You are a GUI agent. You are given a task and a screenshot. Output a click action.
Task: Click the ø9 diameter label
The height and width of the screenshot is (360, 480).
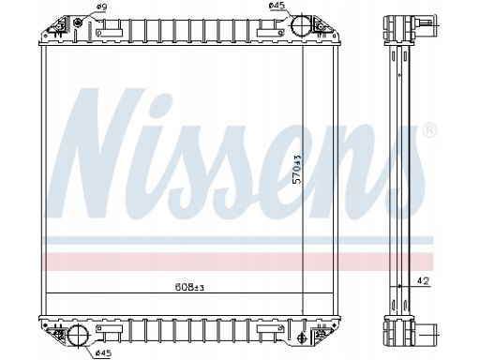coord(100,7)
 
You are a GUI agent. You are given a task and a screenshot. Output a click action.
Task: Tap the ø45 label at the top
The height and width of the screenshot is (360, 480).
coord(277,6)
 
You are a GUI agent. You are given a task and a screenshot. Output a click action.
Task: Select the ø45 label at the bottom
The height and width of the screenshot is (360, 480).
coord(103,353)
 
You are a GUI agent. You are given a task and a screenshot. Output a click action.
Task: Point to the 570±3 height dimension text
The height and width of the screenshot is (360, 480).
coord(297,169)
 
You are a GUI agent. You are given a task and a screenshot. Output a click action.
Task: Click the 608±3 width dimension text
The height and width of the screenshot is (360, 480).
coord(189,287)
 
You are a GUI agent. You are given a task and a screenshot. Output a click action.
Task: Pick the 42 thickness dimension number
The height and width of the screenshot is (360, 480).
coord(424,281)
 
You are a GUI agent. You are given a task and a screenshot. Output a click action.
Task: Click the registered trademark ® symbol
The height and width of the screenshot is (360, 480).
coord(429,130)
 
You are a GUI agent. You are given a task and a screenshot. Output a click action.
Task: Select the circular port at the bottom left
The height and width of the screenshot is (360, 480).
coord(78,336)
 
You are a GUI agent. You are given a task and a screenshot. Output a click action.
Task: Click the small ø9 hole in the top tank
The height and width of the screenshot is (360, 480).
coord(77,22)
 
